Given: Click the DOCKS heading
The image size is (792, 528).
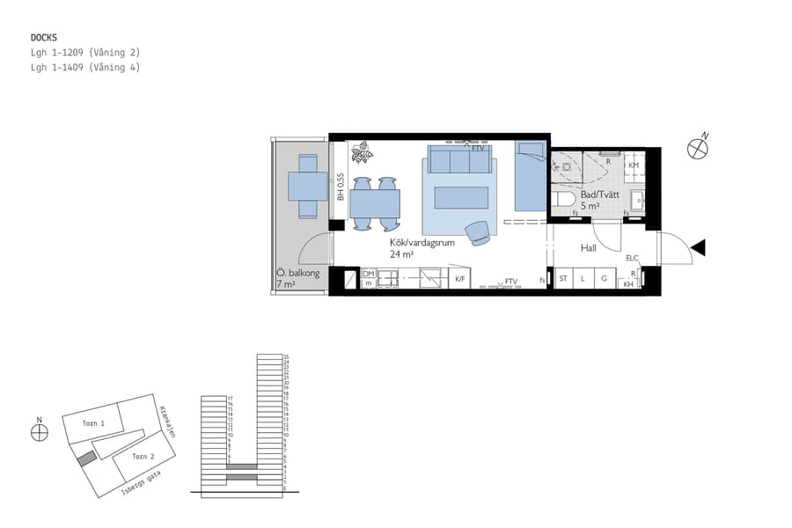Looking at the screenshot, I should (44, 38).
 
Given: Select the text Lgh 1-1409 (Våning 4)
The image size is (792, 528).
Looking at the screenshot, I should (84, 67).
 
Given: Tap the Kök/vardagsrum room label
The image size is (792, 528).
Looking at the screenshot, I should (422, 242).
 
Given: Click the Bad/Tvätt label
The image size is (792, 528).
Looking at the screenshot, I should (602, 195).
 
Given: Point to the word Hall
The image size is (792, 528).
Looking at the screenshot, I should (589, 248).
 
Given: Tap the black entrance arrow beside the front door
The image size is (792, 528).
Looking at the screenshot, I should (698, 248).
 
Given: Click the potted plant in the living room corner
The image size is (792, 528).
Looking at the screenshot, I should (361, 154).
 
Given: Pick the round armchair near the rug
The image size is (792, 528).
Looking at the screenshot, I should (479, 231).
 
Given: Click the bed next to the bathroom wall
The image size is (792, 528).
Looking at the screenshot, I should (530, 176).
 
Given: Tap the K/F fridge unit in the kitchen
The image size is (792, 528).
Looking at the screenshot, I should (460, 279).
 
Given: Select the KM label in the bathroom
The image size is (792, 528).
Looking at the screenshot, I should (634, 165).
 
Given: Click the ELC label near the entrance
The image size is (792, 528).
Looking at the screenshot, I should (632, 258).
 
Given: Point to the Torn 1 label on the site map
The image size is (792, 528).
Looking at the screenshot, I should (93, 423).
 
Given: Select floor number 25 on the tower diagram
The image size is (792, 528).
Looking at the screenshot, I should (286, 357).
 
